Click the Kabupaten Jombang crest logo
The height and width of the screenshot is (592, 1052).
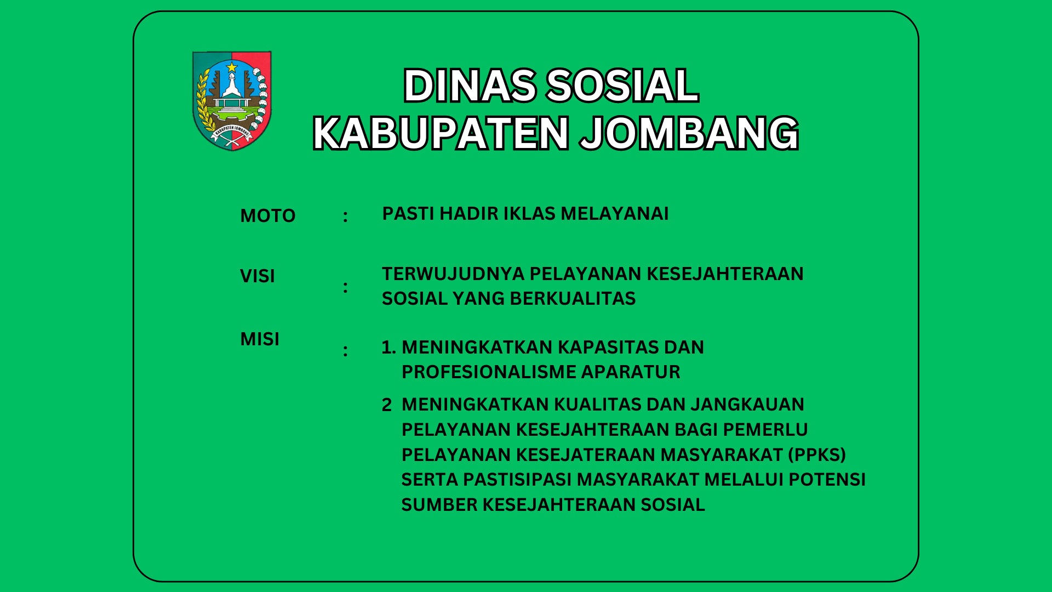pos(232,101)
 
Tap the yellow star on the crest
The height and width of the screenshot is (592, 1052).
pos(232,67)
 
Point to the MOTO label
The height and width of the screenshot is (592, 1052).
pos(268,216)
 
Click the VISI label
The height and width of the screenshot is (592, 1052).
pos(258,276)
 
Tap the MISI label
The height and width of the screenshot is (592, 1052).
pos(260,339)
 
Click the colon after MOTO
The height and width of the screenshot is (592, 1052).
pos(345,217)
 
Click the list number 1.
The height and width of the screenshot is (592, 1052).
pos(388,348)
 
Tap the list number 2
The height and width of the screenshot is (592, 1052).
pos(387,405)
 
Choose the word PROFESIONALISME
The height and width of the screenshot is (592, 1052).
pos(489,372)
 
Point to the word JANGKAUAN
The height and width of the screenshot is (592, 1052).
pos(747,405)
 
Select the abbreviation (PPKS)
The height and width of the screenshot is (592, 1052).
pos(817,455)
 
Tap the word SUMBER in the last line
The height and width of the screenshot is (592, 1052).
pos(439,505)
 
